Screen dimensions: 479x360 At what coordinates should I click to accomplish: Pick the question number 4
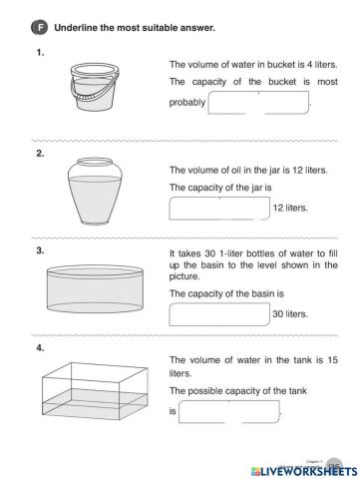pyautogui.click(x=39, y=348)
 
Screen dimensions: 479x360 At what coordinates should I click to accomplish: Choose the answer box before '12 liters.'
pyautogui.click(x=219, y=208)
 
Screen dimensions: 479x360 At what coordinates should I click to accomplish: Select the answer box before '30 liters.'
pyautogui.click(x=219, y=314)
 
